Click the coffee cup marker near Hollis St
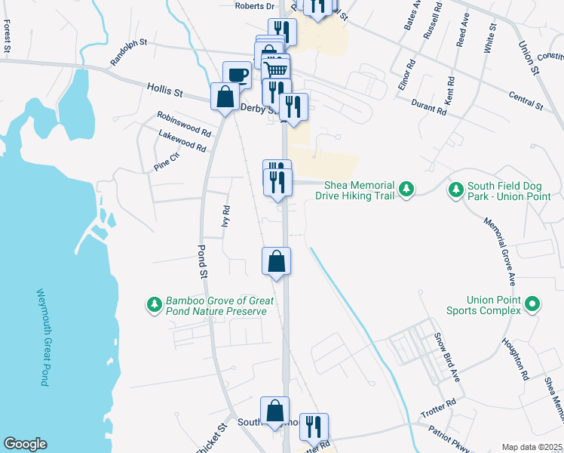[x=237, y=75]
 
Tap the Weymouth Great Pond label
[x=41, y=337]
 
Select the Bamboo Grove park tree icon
[x=154, y=305]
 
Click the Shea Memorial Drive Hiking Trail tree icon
[x=406, y=187]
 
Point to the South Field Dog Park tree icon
[x=455, y=187]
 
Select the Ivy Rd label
[x=225, y=216]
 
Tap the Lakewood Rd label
[x=182, y=141]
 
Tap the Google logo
[x=25, y=444]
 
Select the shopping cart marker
[x=277, y=69]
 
